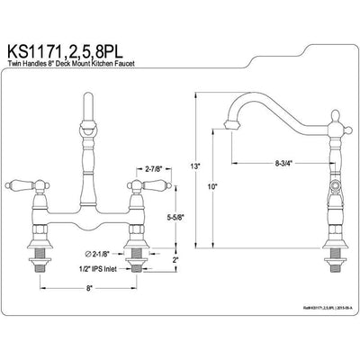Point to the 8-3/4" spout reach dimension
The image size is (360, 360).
(269, 164)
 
